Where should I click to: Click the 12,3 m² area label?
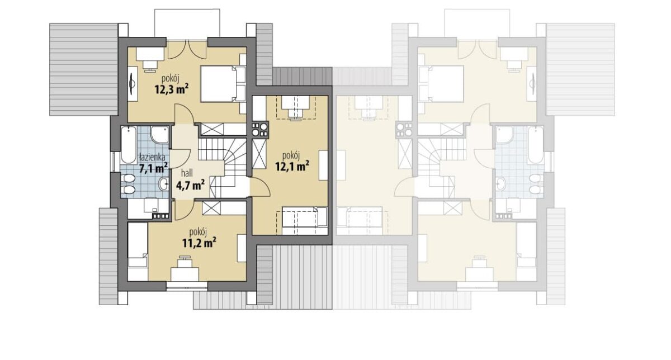point(172,89)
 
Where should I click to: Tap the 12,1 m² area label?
point(292,166)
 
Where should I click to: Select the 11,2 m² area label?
point(199,243)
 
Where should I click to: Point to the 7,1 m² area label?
point(153,168)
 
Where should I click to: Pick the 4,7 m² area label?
point(191,185)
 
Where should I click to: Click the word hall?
point(187,173)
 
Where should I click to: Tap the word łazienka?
point(153,157)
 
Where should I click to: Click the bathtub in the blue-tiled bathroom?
point(129,145)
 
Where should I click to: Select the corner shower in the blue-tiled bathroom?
point(160,135)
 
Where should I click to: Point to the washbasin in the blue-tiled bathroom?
point(163,184)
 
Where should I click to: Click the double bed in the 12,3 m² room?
point(223,84)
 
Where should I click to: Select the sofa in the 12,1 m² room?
point(305,220)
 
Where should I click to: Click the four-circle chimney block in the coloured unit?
point(259,130)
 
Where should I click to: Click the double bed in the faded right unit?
point(441,84)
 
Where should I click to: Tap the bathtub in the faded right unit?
point(536,145)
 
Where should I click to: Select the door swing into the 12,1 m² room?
point(260,186)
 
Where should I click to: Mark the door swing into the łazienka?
point(180,158)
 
